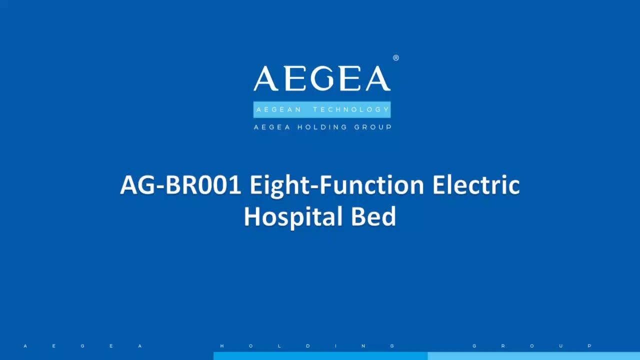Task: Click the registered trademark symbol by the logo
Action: [x=396, y=58]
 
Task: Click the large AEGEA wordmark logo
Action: [x=322, y=79]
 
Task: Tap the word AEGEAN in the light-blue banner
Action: [x=279, y=109]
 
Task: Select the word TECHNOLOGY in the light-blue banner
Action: [x=351, y=109]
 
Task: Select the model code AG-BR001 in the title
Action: [x=181, y=185]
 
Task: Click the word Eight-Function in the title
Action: [x=337, y=185]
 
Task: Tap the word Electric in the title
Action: [x=476, y=185]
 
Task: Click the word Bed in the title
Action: [x=373, y=216]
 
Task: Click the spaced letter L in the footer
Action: [x=279, y=346]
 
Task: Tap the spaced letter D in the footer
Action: [x=307, y=346]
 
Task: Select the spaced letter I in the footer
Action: [x=336, y=346]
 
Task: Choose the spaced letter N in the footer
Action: [x=363, y=346]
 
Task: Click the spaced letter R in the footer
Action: [x=503, y=346]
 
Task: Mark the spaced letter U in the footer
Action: [x=561, y=346]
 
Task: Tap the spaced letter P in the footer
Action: [x=590, y=346]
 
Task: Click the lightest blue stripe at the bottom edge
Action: [x=533, y=356]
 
